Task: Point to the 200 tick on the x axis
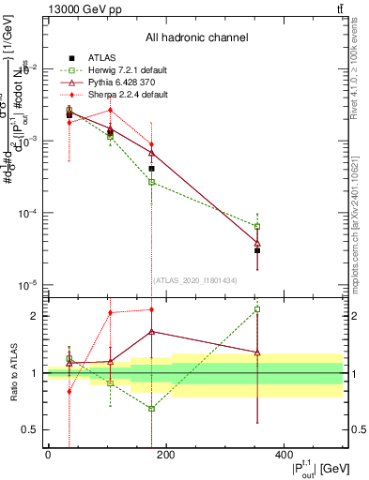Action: pyautogui.click(x=165, y=454)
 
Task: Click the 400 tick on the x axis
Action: pyautogui.click(x=284, y=454)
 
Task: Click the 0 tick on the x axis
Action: pyautogui.click(x=48, y=454)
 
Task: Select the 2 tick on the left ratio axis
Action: pyautogui.click(x=37, y=316)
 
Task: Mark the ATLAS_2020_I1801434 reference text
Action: pyautogui.click(x=195, y=280)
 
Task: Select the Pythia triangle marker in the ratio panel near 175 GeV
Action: pyautogui.click(x=151, y=331)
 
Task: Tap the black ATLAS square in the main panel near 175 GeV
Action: pyautogui.click(x=151, y=169)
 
